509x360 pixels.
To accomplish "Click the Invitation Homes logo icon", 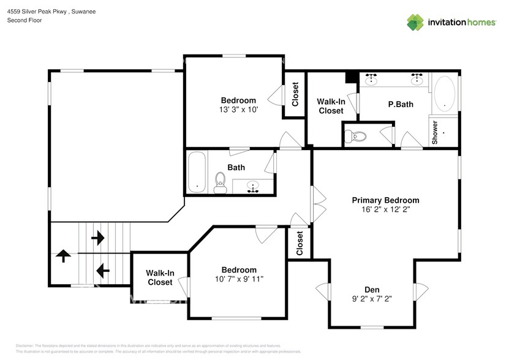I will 415,22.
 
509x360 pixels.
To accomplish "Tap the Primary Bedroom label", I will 385,200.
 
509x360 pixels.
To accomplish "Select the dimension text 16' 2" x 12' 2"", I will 385,209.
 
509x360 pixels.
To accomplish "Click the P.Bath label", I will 401,104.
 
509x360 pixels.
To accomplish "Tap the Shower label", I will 435,132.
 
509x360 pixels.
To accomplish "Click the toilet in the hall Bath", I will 221,181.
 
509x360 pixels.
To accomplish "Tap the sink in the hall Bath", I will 252,186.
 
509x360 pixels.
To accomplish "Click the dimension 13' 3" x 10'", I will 238,110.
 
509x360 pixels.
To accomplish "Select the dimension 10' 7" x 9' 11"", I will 239,280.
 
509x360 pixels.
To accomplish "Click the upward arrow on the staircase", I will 63,255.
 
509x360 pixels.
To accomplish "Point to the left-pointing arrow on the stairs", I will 102,269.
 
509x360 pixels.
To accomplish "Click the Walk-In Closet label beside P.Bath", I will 331,106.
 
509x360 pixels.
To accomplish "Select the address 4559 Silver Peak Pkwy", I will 34,12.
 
